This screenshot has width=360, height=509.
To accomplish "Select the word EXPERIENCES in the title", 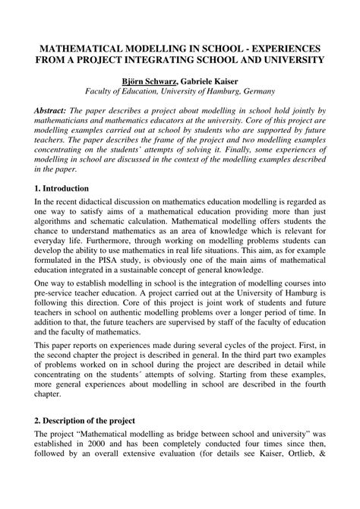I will pyautogui.click(x=284, y=46).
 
